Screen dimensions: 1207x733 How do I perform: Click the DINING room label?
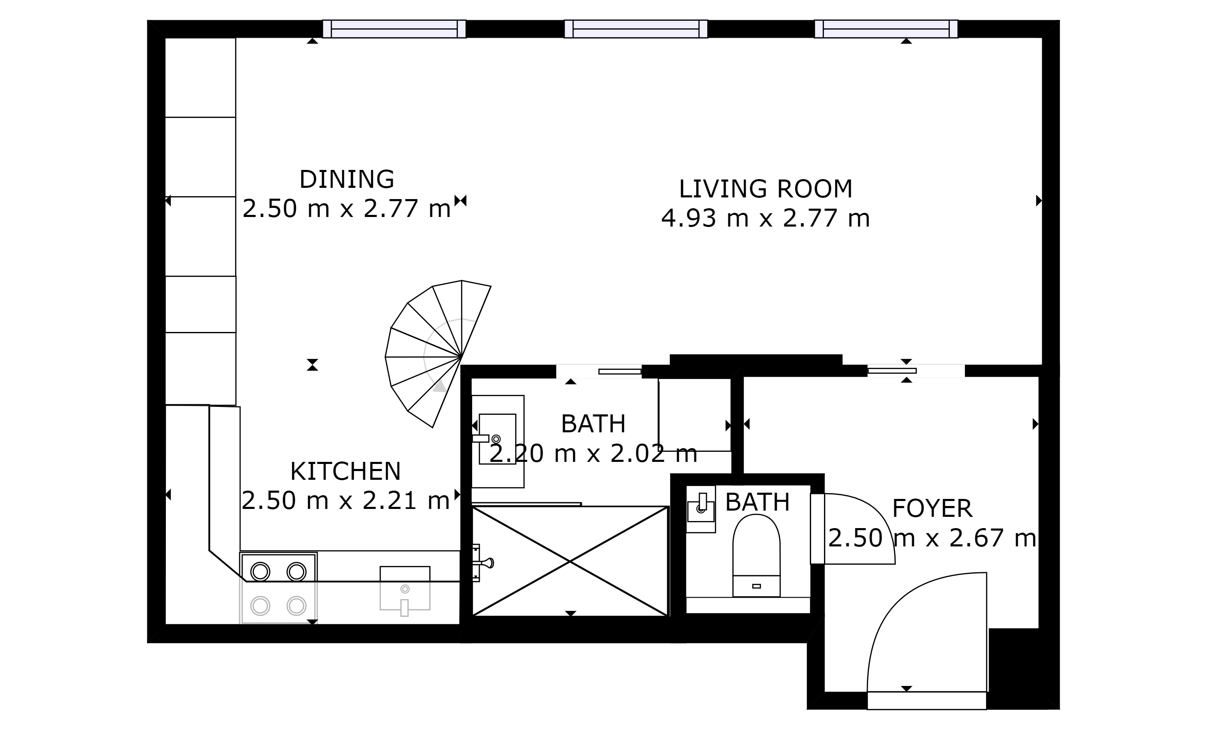click(x=347, y=179)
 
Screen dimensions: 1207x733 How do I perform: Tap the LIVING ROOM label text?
click(x=766, y=189)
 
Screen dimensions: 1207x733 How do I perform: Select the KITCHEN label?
click(x=346, y=471)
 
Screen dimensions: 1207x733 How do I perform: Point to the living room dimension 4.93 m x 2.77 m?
click(x=766, y=218)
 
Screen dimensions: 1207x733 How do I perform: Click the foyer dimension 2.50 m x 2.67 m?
click(x=932, y=538)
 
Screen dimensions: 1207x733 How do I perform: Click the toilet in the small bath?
click(x=756, y=556)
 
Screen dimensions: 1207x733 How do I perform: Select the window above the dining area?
click(x=394, y=29)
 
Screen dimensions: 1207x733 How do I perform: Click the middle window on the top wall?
click(x=636, y=29)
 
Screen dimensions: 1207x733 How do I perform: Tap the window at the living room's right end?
click(x=886, y=29)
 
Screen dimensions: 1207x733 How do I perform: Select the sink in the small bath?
click(x=701, y=510)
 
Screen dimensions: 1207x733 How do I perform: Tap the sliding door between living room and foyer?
click(x=891, y=371)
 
